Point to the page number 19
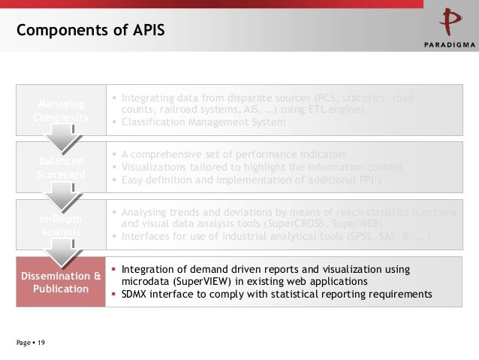(x=41, y=343)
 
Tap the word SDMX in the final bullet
(x=137, y=294)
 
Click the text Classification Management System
(x=203, y=122)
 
